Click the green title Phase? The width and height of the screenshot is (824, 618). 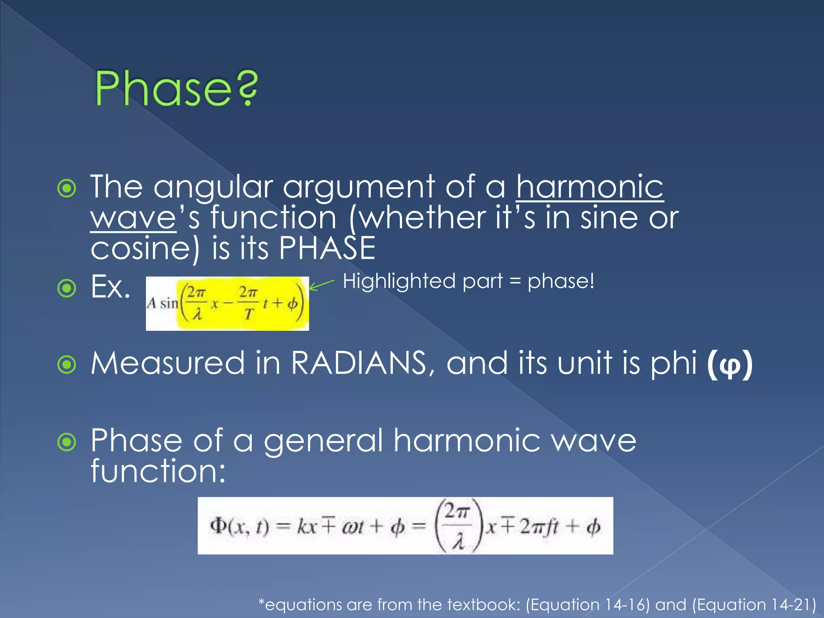pos(176,88)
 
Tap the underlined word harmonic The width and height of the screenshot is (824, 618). pos(589,187)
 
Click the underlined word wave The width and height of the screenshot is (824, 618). pos(133,218)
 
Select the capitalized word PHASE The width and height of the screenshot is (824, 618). pos(327,248)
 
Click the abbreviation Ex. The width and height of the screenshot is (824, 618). pos(110,287)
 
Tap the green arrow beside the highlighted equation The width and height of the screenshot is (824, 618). pos(321,285)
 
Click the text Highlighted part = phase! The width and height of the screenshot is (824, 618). pos(468,281)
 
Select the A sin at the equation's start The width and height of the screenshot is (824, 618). pos(163,303)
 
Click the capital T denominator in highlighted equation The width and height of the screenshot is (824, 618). pos(249,314)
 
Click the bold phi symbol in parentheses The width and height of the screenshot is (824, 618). pos(729,364)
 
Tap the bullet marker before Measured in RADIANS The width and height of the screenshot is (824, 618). pos(67,365)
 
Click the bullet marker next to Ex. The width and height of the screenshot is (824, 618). pos(67,288)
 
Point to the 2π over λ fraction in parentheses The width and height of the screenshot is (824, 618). pos(458,525)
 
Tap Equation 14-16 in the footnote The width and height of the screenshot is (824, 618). pos(587,605)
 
